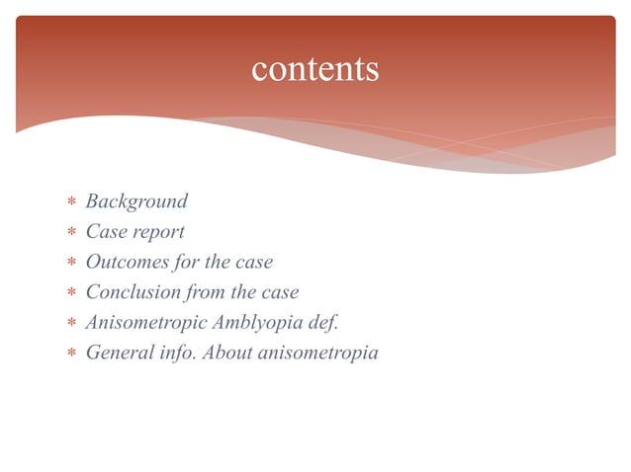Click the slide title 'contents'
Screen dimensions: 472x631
(x=315, y=69)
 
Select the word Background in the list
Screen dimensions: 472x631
(x=136, y=201)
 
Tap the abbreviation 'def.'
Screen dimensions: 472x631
(x=324, y=322)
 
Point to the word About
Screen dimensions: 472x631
(x=226, y=353)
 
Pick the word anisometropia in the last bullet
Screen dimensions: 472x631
(x=317, y=353)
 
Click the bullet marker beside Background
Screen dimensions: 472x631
(x=70, y=203)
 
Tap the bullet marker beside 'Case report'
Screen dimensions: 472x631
(x=70, y=234)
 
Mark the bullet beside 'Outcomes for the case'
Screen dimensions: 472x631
(x=70, y=264)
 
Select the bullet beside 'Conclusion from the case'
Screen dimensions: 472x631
(x=70, y=294)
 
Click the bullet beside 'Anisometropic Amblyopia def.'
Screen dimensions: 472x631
(x=70, y=324)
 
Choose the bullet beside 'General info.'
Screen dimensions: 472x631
(x=70, y=354)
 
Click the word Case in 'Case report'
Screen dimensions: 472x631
(x=104, y=232)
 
